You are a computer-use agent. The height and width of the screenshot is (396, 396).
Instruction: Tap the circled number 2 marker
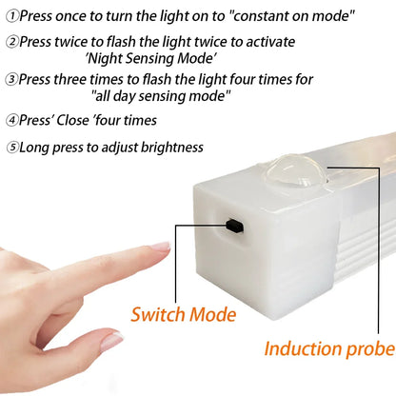pyautogui.click(x=11, y=43)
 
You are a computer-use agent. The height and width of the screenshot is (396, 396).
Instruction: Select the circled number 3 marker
pyautogui.click(x=11, y=80)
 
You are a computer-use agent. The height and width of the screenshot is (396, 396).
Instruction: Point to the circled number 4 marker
pyautogui.click(x=11, y=121)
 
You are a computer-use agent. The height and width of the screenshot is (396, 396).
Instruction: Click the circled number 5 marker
pyautogui.click(x=11, y=148)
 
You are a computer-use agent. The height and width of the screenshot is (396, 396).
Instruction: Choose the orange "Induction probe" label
pyautogui.click(x=328, y=349)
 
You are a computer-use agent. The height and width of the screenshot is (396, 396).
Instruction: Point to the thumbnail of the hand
pyautogui.click(x=111, y=340)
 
